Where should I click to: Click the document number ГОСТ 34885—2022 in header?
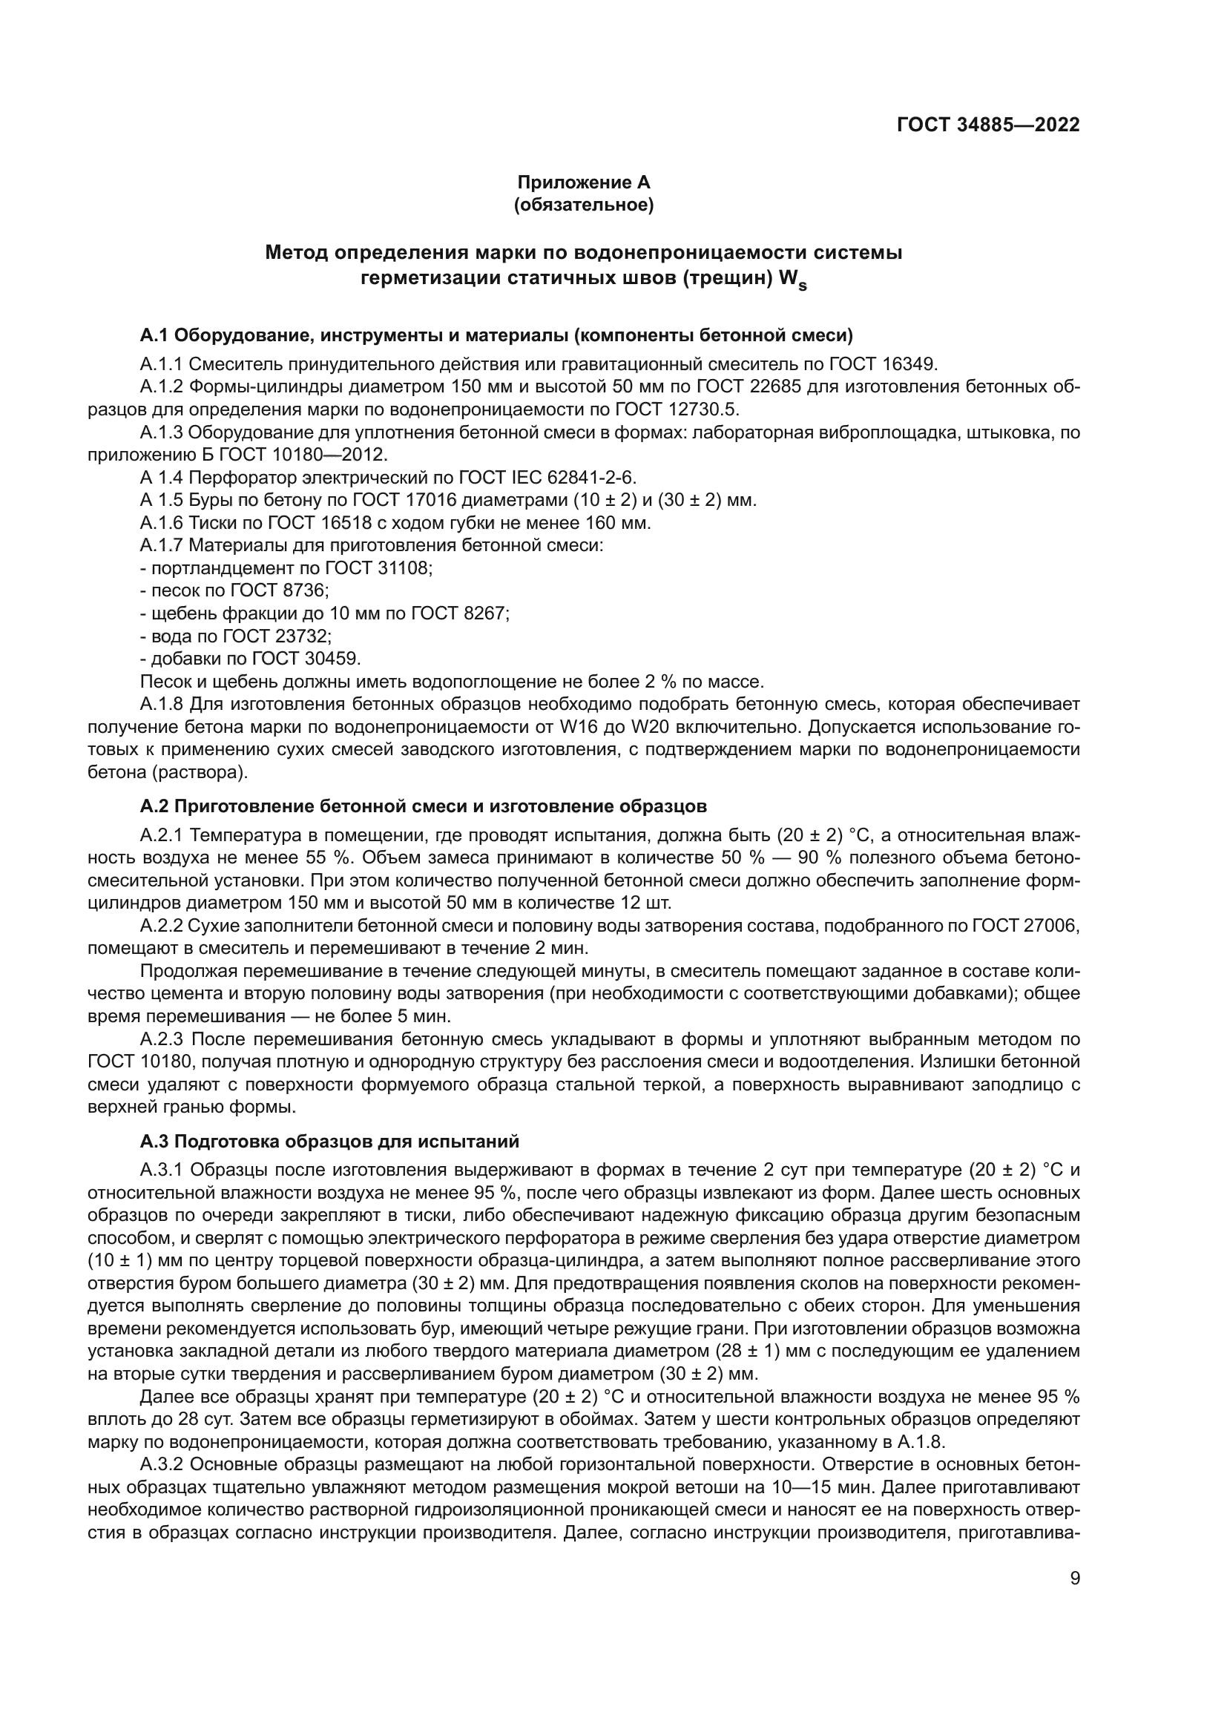988,125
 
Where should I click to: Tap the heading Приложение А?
583,182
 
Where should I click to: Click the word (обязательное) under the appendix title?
583,205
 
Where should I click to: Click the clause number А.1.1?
161,365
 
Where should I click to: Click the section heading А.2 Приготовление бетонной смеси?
423,807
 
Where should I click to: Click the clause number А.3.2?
161,1465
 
